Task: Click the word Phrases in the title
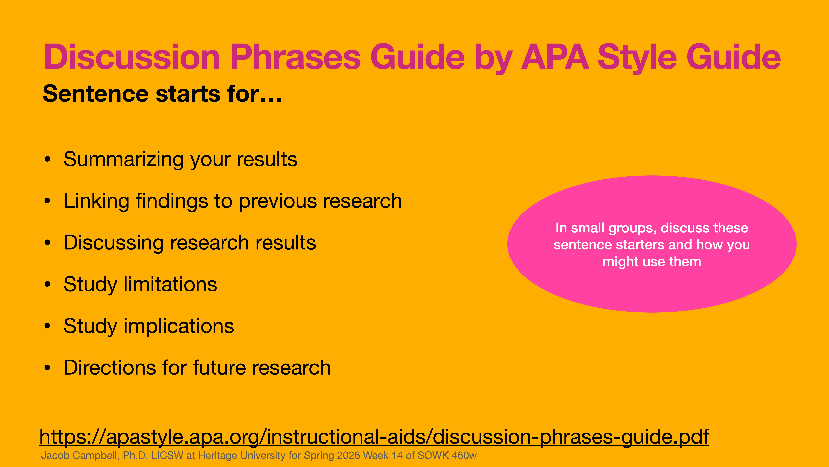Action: (x=295, y=57)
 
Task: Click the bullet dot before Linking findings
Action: (x=48, y=201)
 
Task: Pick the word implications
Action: (x=179, y=326)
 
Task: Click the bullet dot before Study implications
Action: (x=48, y=326)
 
